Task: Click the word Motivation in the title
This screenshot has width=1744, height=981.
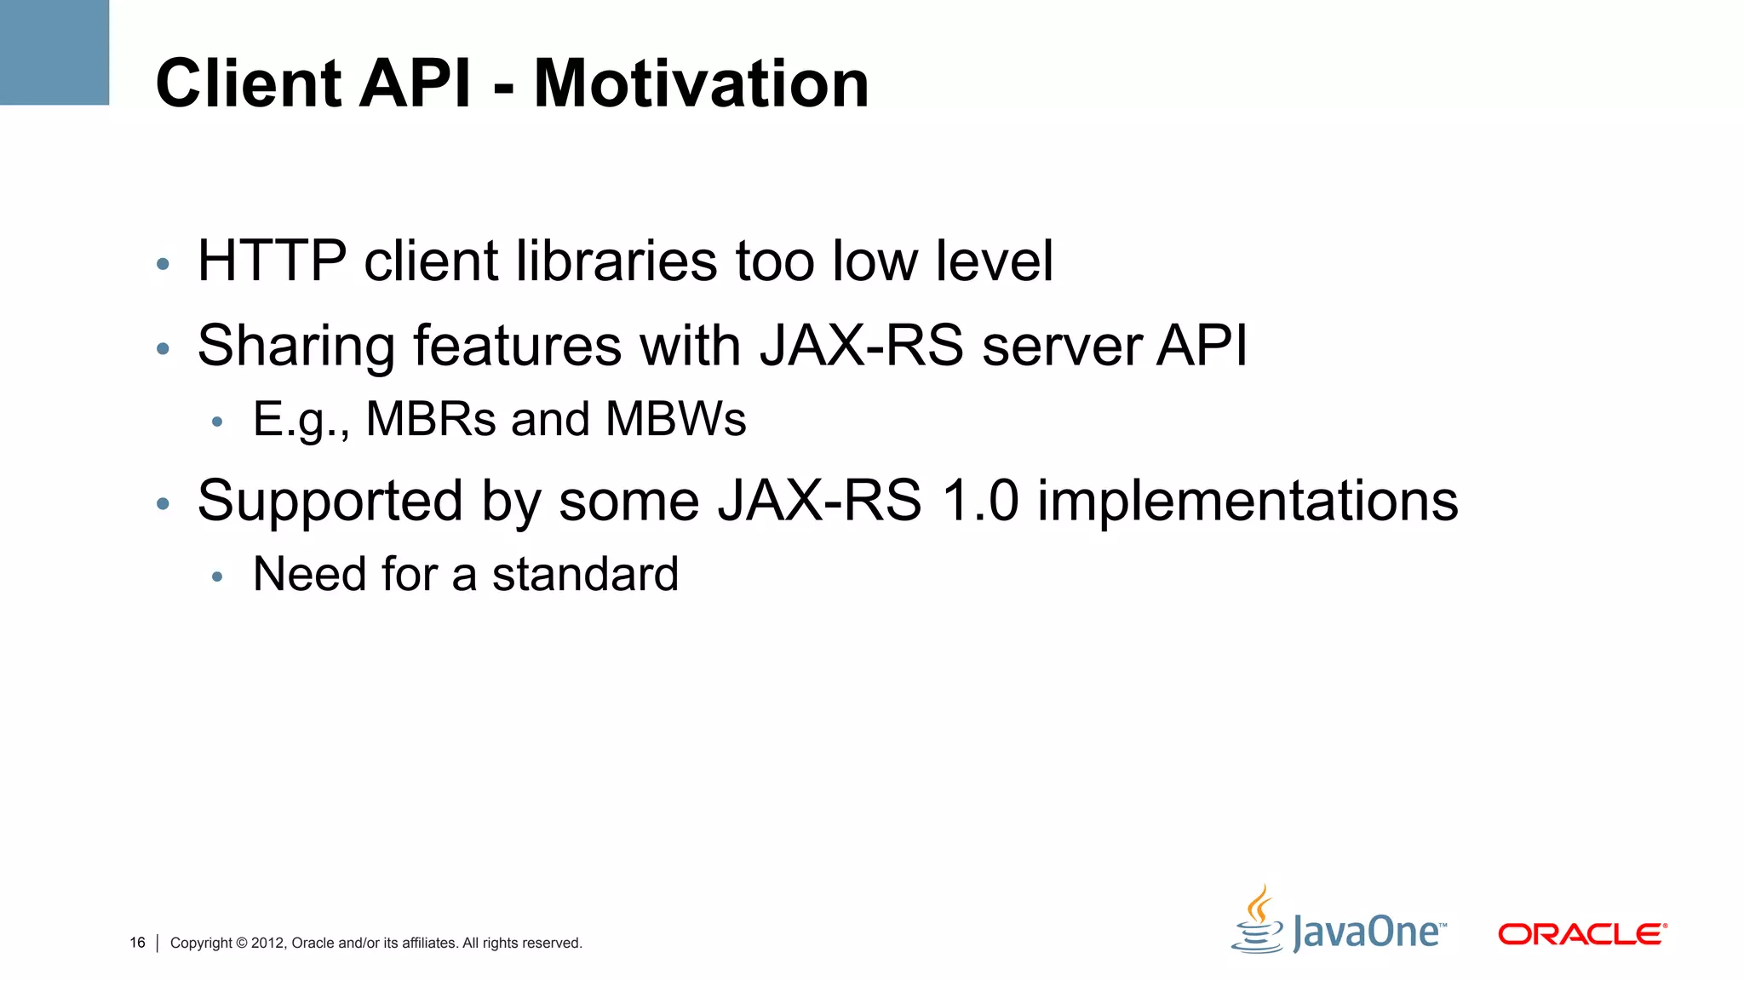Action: [701, 83]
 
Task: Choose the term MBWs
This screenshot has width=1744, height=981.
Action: [675, 419]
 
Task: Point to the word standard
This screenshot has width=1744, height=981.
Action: [585, 574]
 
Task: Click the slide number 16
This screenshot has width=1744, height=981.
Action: [137, 943]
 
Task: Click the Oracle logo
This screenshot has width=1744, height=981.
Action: [1581, 934]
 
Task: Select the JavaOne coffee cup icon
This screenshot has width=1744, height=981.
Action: [1258, 921]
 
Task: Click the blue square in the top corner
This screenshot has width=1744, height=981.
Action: [54, 52]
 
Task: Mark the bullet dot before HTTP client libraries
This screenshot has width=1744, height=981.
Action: [163, 264]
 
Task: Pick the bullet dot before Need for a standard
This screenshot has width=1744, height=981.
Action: [217, 577]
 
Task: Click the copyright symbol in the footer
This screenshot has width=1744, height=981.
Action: [241, 943]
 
